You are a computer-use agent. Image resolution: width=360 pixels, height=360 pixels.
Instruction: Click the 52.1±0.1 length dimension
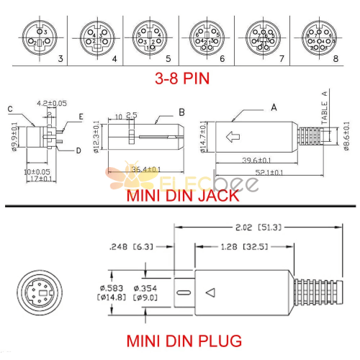click(266, 172)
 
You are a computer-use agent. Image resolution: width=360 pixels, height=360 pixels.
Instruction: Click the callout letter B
click(182, 112)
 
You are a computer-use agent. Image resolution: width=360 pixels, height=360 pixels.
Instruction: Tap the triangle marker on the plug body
click(210, 292)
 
